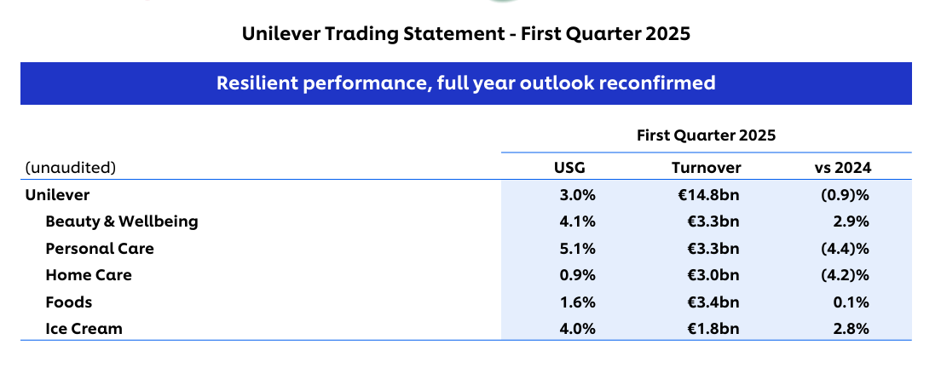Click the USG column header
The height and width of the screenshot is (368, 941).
(569, 168)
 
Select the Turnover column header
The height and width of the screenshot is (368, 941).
(706, 168)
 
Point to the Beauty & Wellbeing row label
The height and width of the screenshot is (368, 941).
(122, 221)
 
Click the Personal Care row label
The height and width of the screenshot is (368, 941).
(100, 248)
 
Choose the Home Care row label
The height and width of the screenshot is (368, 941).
(89, 275)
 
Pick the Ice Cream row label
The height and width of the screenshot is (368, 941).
(84, 329)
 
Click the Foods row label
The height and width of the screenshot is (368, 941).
(69, 302)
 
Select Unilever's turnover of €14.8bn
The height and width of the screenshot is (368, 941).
(706, 195)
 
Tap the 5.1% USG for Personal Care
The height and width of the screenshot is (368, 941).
(577, 248)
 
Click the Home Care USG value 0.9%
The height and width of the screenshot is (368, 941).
(577, 275)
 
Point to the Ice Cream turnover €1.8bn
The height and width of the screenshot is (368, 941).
(713, 329)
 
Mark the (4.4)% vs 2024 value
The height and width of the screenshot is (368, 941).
(845, 248)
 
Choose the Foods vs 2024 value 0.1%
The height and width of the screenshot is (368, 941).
(851, 302)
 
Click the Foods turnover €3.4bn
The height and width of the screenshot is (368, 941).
(713, 302)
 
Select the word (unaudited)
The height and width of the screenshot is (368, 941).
(70, 168)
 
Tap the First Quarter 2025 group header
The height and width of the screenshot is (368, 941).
(707, 135)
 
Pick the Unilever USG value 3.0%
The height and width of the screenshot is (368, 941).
(577, 195)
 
